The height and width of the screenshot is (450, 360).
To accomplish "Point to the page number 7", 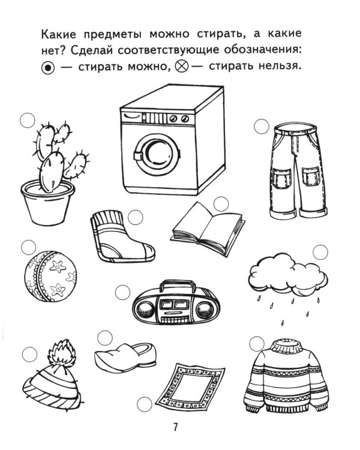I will point(175,427).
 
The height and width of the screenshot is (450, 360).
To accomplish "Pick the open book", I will point(208,223).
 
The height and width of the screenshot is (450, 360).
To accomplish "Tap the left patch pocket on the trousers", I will point(279,178).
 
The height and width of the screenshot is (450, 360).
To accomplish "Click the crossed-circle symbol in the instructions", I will point(182,68).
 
